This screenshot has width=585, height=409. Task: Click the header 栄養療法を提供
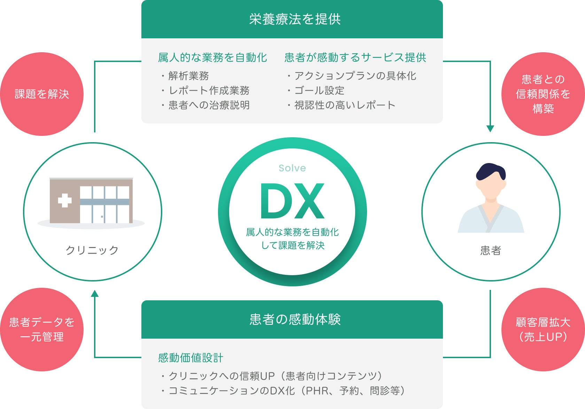tap(295, 19)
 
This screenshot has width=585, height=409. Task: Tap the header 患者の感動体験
tap(295, 319)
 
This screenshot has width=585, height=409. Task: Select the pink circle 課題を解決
tap(42, 94)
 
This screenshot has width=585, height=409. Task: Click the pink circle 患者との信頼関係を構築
tap(543, 94)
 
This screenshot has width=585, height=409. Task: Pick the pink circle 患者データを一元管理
tap(42, 329)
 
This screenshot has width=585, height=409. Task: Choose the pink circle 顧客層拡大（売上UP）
tap(543, 329)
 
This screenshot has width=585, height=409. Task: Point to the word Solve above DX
tap(292, 168)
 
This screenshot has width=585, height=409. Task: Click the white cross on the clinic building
tap(65, 200)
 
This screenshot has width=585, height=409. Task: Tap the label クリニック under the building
tap(92, 250)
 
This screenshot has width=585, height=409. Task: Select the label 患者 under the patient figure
tap(490, 250)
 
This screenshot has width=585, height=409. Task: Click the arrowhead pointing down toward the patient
tap(490, 129)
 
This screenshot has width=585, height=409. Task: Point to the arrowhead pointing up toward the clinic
tap(95, 293)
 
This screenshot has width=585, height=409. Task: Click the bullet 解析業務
tap(188, 76)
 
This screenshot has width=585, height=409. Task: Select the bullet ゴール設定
tap(319, 90)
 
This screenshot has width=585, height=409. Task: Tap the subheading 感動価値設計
tap(190, 357)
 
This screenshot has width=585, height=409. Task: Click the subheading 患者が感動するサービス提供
tap(355, 57)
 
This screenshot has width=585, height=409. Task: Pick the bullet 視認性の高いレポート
tap(344, 105)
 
